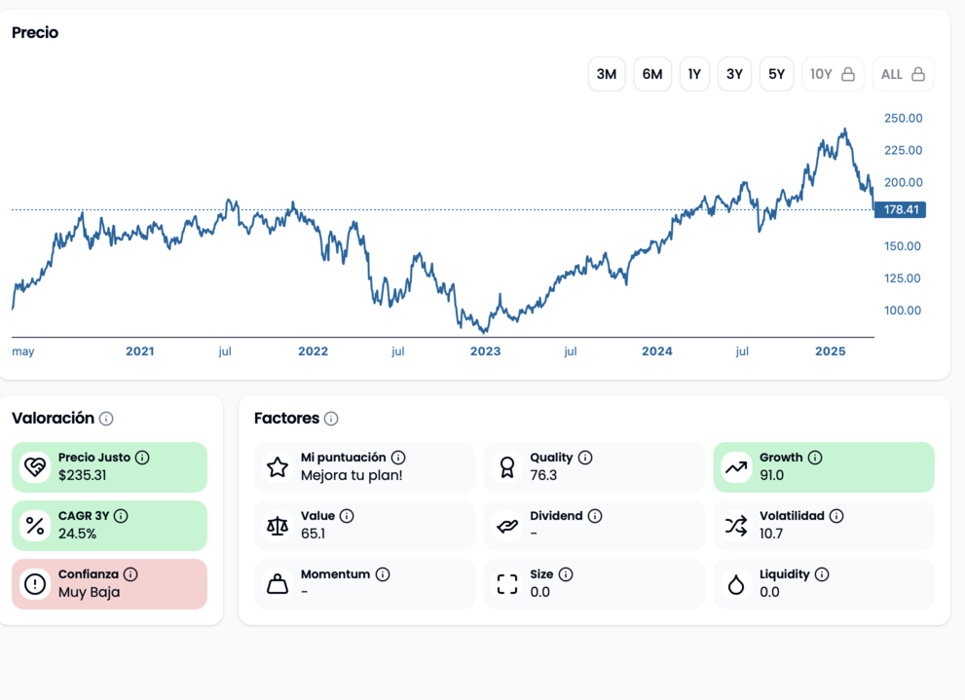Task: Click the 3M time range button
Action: [606, 74]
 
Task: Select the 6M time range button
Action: [652, 74]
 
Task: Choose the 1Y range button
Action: [694, 74]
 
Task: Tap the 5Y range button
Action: [776, 74]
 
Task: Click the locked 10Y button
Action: [833, 74]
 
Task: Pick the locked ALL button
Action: [903, 74]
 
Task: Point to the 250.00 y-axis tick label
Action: [903, 119]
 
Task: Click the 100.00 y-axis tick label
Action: [903, 311]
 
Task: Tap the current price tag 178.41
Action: [901, 210]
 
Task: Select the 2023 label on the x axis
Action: [485, 351]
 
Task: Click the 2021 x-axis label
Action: [140, 351]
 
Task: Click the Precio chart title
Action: [35, 33]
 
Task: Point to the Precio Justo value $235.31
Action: [82, 476]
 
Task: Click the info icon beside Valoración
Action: [106, 419]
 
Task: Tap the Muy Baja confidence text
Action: [89, 592]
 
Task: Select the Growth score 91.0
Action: [771, 476]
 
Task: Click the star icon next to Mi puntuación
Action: [278, 467]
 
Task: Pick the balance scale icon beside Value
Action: [278, 526]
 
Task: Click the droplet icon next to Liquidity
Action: [736, 584]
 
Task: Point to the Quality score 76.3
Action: [543, 476]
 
